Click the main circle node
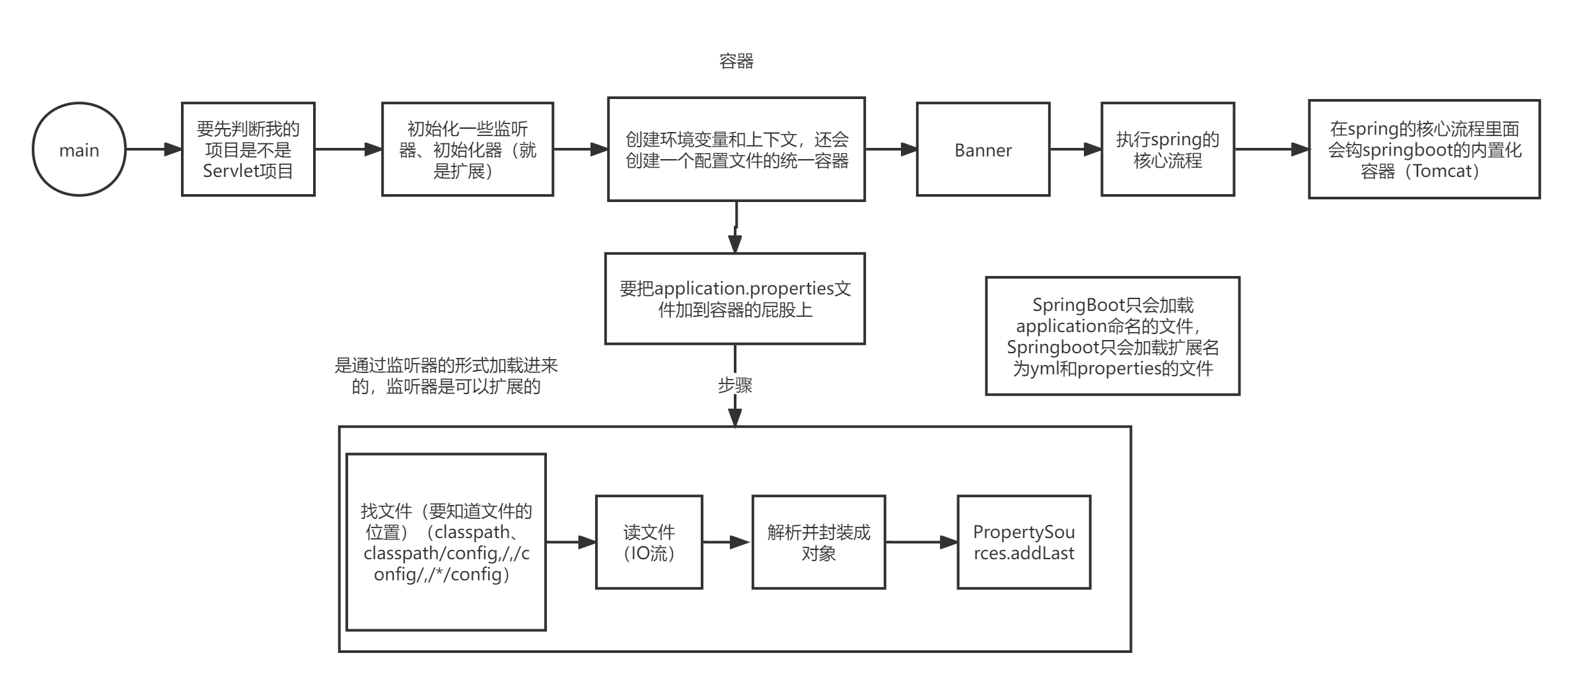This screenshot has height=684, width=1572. [79, 149]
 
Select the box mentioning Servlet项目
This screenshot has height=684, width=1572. [248, 149]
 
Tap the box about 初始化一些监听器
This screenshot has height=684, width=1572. [468, 149]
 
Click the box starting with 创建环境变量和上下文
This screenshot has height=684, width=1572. [736, 149]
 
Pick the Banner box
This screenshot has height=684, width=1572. [983, 149]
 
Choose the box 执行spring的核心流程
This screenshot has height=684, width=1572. [1168, 149]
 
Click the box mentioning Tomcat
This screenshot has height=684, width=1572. [1424, 149]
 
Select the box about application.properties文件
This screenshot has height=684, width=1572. [735, 298]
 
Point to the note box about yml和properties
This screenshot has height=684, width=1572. [1113, 336]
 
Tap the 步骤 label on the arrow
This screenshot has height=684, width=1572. [735, 385]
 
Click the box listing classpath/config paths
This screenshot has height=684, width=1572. [446, 542]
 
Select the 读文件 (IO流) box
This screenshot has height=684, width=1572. [649, 542]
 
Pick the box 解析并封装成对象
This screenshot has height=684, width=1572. [818, 542]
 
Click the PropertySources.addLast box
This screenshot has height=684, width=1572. [1024, 542]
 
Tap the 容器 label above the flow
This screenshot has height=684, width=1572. [736, 61]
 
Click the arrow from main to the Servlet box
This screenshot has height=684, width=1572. [153, 149]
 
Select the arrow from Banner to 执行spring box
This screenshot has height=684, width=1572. [1075, 150]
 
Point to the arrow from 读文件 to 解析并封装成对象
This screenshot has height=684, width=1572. [727, 542]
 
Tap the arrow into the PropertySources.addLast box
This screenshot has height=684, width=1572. [921, 542]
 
